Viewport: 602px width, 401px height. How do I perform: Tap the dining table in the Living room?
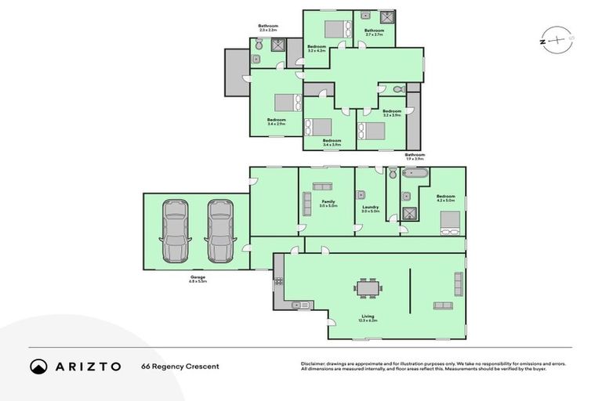pos(367,287)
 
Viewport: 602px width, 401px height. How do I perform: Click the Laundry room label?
pos(370,208)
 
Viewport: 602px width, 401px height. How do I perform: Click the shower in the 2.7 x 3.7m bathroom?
pos(386,17)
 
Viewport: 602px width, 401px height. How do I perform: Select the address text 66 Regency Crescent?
pos(180,367)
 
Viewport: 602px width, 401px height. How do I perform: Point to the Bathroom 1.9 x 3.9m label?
pos(414,157)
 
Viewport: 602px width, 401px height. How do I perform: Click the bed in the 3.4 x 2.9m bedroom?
pos(288,103)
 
